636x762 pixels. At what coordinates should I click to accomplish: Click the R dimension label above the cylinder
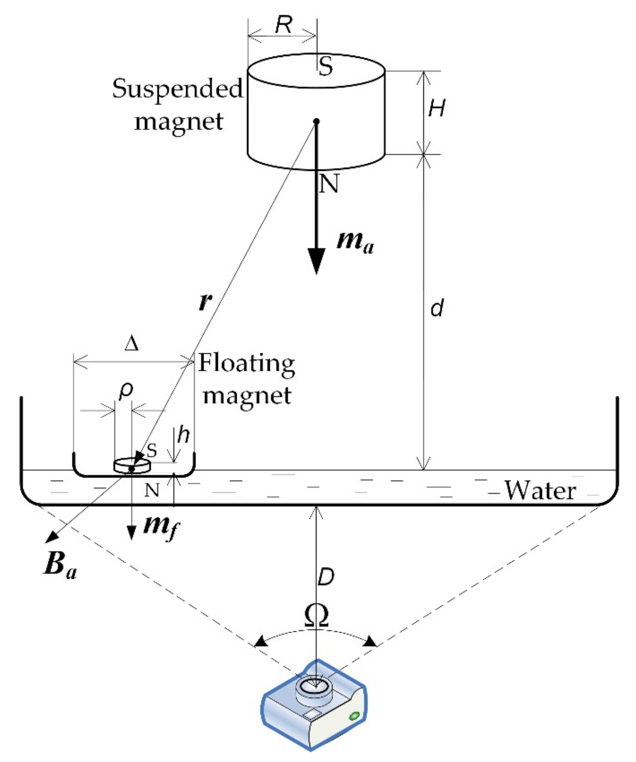[x=283, y=25]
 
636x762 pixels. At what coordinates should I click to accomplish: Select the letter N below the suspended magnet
[x=329, y=183]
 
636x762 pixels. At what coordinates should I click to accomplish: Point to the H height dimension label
[x=436, y=108]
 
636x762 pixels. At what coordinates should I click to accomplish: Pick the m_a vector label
[x=355, y=242]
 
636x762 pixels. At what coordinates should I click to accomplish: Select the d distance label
[x=437, y=308]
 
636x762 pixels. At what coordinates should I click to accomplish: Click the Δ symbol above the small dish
[x=131, y=344]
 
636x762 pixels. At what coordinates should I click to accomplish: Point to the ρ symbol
[x=126, y=391]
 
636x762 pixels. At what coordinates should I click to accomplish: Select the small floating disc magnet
[x=132, y=466]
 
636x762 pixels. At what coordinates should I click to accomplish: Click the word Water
[x=540, y=491]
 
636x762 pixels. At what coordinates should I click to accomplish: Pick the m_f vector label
[x=161, y=526]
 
